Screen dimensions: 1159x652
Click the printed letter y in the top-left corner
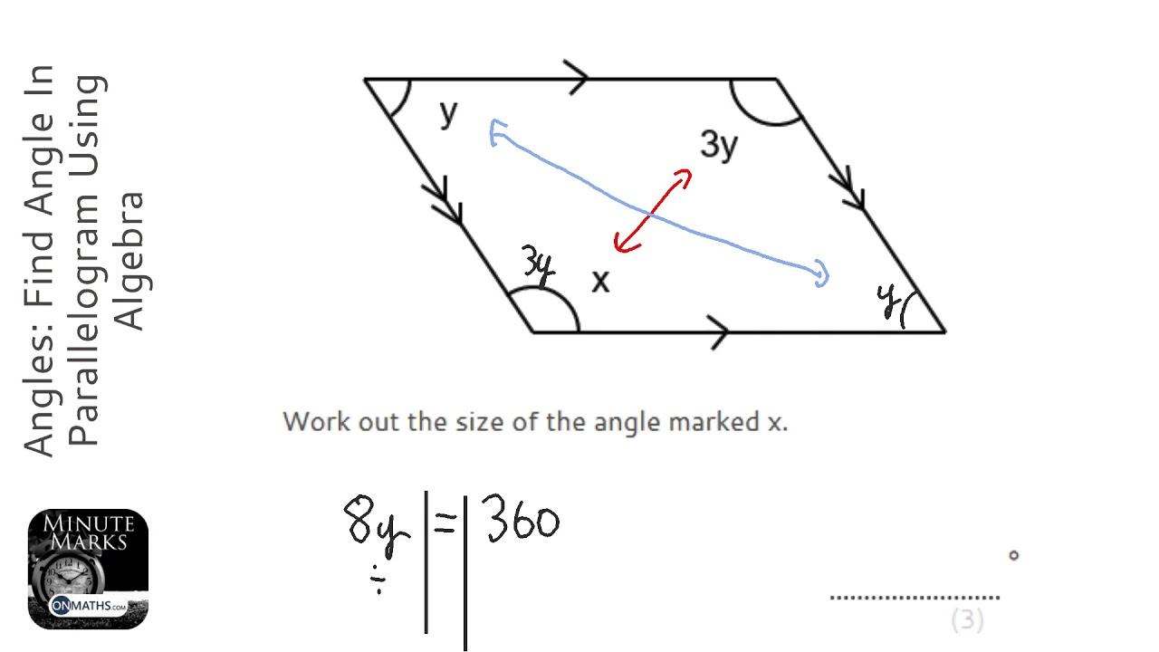[x=448, y=113]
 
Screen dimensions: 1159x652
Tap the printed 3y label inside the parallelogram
[x=719, y=145]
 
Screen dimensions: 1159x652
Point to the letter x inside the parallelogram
[x=599, y=283]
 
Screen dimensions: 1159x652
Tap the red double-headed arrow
[x=653, y=211]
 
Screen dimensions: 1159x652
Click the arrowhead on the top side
[x=577, y=78]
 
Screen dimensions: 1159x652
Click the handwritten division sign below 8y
[x=380, y=580]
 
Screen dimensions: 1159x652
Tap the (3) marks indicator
[x=967, y=620]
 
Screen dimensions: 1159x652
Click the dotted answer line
[x=915, y=597]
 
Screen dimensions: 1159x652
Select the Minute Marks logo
[x=88, y=569]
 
